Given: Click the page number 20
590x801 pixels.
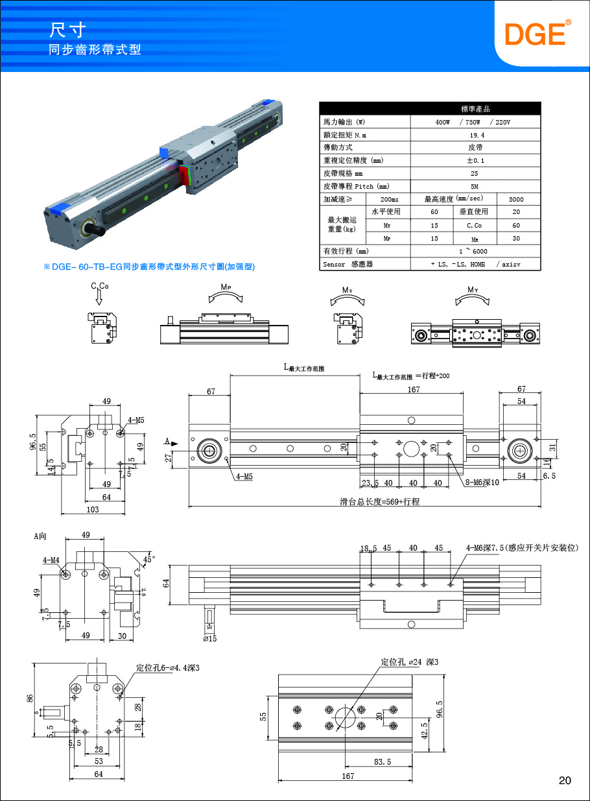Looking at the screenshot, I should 565,780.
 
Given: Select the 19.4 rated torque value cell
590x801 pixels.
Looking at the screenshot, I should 476,135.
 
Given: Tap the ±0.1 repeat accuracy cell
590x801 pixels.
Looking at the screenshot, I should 476,160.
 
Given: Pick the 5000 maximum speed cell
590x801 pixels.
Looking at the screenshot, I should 516,199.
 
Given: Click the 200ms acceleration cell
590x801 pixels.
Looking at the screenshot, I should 389,199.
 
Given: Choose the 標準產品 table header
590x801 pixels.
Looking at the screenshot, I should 475,109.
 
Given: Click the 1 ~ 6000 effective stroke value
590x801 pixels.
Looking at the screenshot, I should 476,251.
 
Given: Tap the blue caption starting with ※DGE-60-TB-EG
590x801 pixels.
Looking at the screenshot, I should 149,267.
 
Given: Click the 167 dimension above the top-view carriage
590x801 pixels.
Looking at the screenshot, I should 414,390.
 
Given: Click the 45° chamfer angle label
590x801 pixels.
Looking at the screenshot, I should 148,558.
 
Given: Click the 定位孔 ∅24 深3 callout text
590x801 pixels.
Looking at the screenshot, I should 410,662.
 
